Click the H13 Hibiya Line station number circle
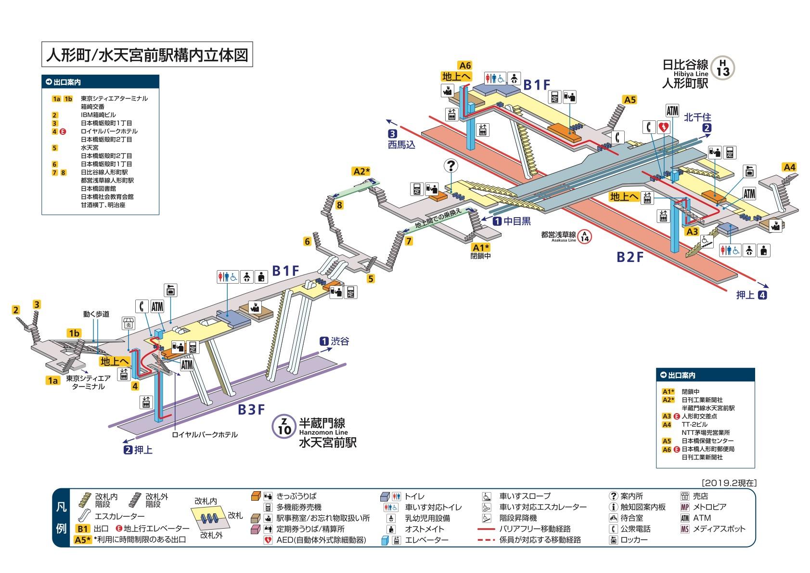pyautogui.click(x=722, y=68)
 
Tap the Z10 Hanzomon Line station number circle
pyautogui.click(x=284, y=426)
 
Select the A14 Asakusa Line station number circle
pyautogui.click(x=585, y=236)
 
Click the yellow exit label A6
pyautogui.click(x=464, y=65)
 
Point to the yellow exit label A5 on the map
pyautogui.click(x=630, y=100)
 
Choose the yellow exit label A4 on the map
pyautogui.click(x=789, y=167)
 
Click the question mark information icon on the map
pyautogui.click(x=451, y=166)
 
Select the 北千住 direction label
pyautogui.click(x=697, y=117)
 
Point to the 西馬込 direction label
pyautogui.click(x=401, y=144)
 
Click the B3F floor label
pyautogui.click(x=252, y=409)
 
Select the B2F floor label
pyautogui.click(x=630, y=257)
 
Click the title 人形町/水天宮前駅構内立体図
pyautogui.click(x=146, y=55)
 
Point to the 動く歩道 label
pyautogui.click(x=96, y=314)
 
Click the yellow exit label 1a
pyautogui.click(x=53, y=380)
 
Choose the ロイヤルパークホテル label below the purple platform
pyautogui.click(x=205, y=435)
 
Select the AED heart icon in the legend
pyautogui.click(x=268, y=540)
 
